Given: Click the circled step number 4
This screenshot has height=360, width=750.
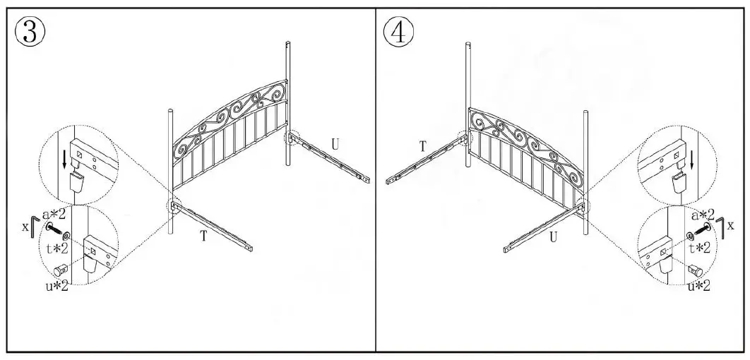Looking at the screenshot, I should (x=399, y=32).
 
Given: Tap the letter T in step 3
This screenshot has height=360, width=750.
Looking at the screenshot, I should (x=203, y=236).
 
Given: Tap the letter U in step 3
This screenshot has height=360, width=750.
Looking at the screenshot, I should (x=335, y=145).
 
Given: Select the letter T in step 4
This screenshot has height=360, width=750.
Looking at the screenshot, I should (x=422, y=146).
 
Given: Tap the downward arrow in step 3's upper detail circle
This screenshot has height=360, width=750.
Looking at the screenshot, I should (x=66, y=158).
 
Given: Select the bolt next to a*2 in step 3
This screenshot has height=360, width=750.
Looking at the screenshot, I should (x=54, y=229).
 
